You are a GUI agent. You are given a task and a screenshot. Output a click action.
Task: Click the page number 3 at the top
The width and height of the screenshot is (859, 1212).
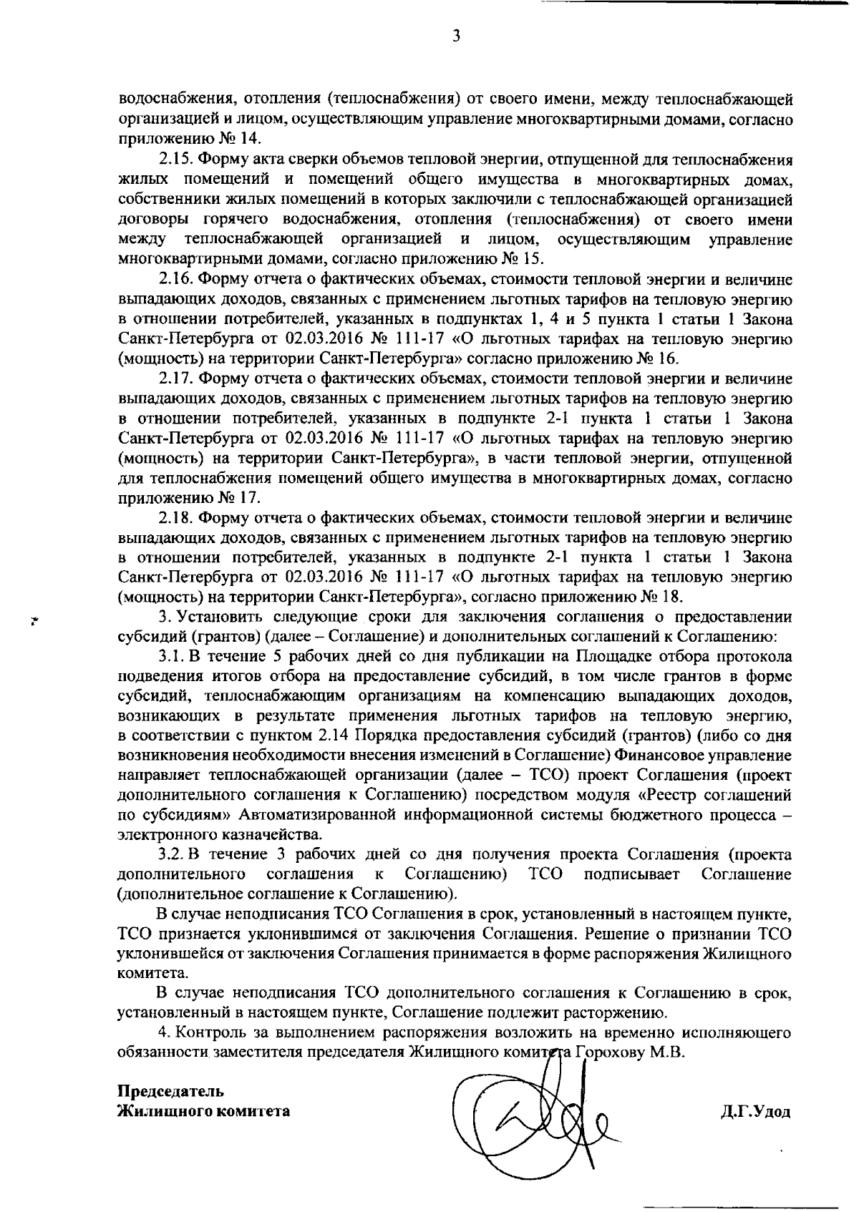[x=455, y=36]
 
